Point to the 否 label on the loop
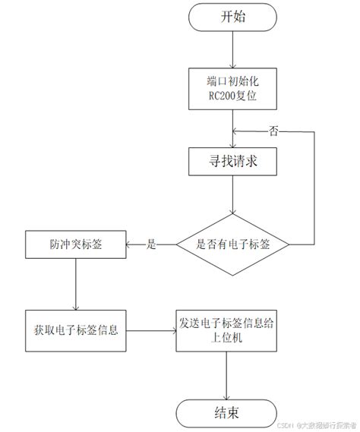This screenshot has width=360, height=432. [x=274, y=131]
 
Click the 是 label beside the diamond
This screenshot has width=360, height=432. [x=150, y=244]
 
